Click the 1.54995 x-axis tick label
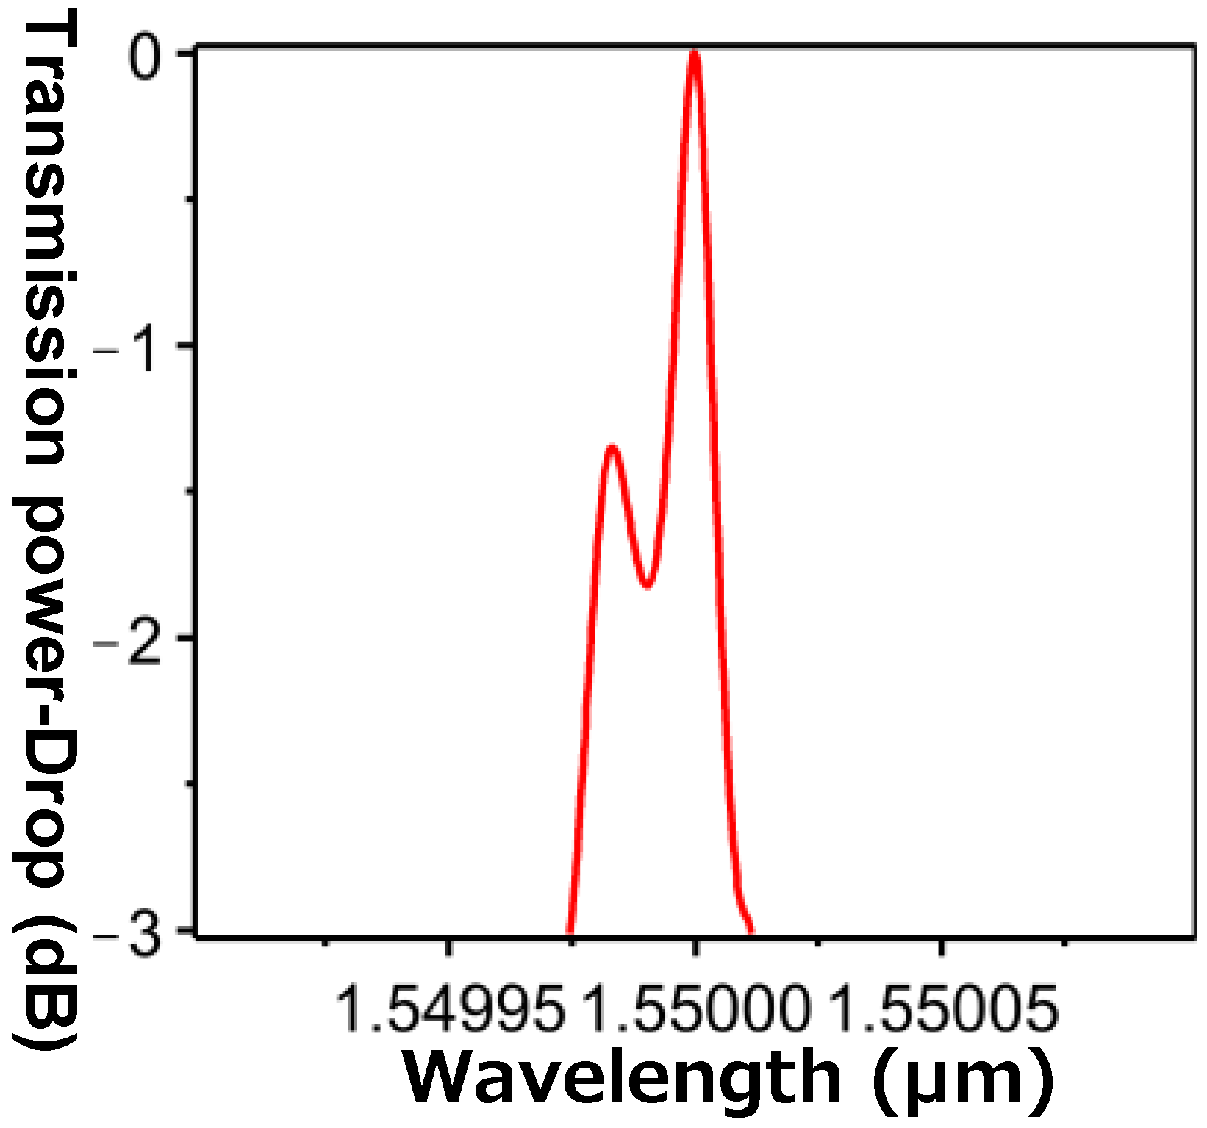(x=450, y=1010)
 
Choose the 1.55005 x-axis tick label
(x=944, y=1010)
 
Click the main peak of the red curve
(x=694, y=53)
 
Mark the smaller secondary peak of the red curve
(x=612, y=448)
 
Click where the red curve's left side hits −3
(x=570, y=932)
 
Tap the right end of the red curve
(x=751, y=931)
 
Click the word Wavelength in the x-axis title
(x=622, y=1078)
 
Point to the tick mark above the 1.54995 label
(x=449, y=948)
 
